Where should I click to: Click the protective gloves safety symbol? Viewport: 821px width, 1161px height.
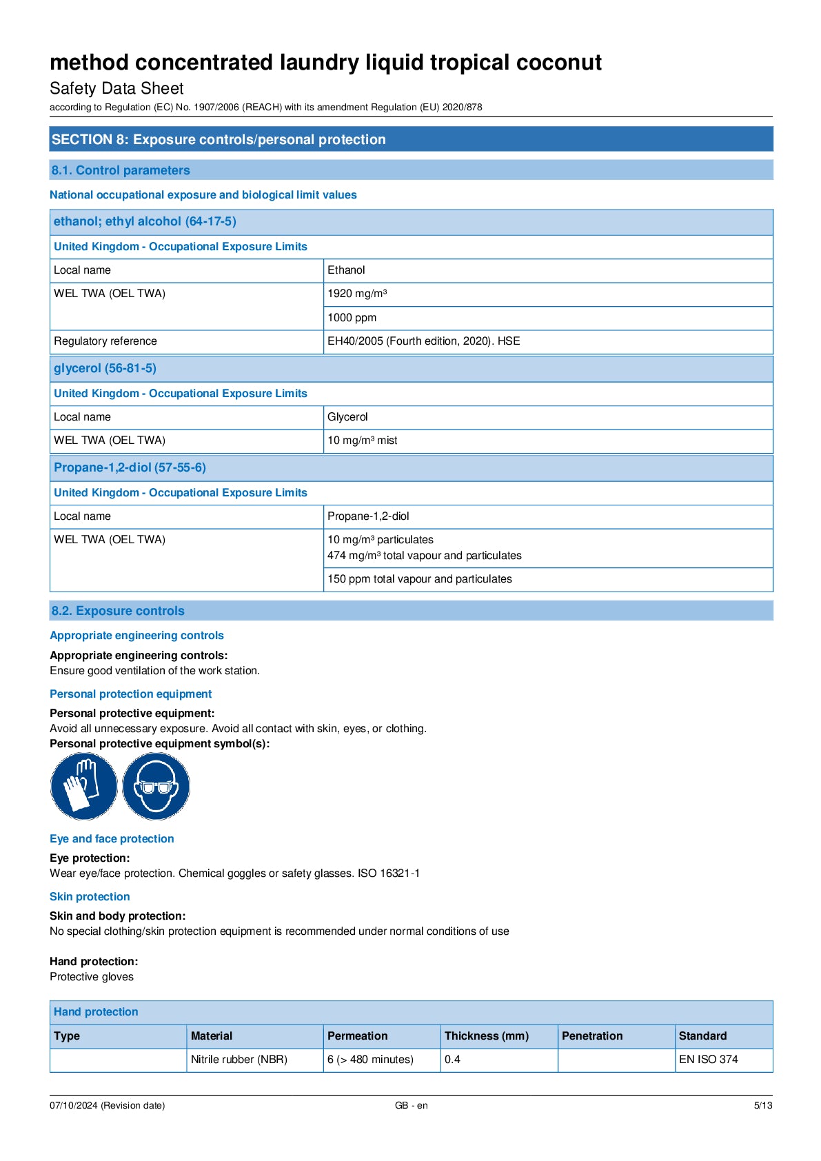(83, 786)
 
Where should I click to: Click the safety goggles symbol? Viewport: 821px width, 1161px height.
(156, 786)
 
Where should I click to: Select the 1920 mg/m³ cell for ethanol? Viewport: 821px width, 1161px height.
(357, 294)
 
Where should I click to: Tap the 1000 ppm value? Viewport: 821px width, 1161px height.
(352, 318)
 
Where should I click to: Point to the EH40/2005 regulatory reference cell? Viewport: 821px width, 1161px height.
(423, 341)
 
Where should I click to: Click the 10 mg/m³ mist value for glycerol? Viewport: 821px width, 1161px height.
(362, 441)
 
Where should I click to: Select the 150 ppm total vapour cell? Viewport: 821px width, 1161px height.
(419, 579)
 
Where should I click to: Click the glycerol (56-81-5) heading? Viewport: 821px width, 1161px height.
(105, 368)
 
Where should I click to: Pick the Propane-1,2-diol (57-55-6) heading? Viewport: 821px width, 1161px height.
(130, 467)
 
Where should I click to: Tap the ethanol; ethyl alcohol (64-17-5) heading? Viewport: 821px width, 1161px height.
(145, 221)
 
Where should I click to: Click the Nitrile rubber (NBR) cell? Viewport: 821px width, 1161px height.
(239, 1060)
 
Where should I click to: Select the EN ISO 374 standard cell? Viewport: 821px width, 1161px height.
(708, 1060)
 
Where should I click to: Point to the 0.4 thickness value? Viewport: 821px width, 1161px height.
(452, 1060)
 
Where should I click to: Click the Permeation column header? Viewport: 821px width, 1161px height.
(357, 1036)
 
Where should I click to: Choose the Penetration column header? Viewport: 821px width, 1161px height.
(592, 1036)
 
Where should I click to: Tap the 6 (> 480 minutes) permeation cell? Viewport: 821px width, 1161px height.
(370, 1060)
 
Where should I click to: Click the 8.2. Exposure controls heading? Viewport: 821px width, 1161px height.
(118, 611)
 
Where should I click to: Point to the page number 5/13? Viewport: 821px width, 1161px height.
(762, 1106)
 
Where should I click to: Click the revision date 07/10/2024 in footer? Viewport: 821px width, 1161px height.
(107, 1106)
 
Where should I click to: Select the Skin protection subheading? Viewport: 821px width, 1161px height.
(90, 897)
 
